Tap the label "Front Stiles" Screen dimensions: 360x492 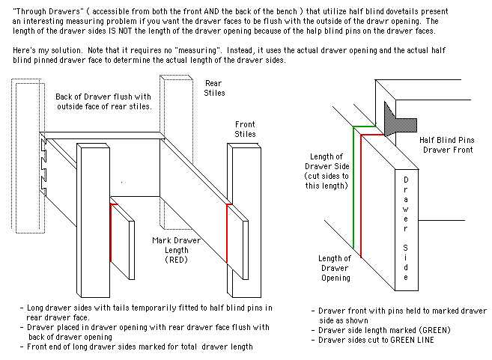pyautogui.click(x=245, y=129)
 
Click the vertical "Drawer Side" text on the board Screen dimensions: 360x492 pyautogui.click(x=405, y=230)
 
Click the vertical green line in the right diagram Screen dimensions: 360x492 pyautogui.click(x=353, y=187)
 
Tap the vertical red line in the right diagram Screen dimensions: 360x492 pyautogui.click(x=362, y=195)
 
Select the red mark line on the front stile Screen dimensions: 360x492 pyautogui.click(x=226, y=233)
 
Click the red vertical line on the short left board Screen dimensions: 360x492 pyautogui.click(x=111, y=232)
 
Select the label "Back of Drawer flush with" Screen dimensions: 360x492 pyautogui.click(x=103, y=96)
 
